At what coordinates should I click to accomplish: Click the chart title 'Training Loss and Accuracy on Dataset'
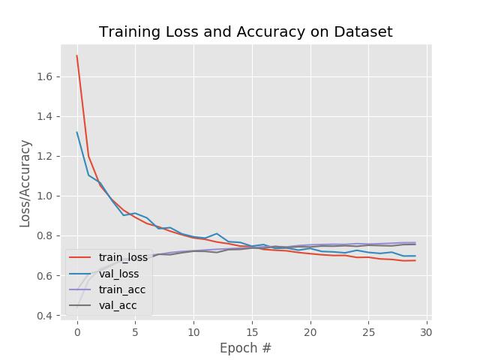(246, 32)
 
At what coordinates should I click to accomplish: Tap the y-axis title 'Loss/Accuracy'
(25, 183)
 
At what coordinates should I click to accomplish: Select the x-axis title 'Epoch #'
(245, 348)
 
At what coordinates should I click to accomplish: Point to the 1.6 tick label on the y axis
(43, 76)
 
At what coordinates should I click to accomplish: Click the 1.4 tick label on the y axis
(43, 116)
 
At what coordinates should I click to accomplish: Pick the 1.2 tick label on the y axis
(43, 156)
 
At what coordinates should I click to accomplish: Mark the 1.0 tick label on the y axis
(43, 196)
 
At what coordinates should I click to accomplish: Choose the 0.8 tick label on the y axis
(43, 235)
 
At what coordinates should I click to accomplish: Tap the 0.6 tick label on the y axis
(43, 275)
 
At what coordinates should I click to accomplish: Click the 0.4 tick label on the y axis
(43, 315)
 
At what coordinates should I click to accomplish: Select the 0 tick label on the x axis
(77, 331)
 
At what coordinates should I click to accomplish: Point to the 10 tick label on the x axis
(193, 331)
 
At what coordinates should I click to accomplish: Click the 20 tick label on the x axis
(310, 331)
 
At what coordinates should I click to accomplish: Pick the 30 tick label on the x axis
(426, 331)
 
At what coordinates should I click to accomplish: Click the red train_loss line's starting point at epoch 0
(77, 55)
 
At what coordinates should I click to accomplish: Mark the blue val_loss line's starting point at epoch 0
(77, 133)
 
